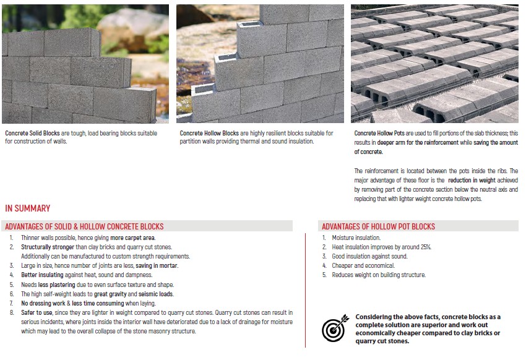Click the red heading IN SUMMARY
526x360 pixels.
coord(27,208)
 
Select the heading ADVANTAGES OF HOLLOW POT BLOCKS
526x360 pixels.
coord(378,226)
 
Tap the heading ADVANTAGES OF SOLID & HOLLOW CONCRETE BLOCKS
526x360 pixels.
coord(84,226)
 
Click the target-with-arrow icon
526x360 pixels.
coord(336,329)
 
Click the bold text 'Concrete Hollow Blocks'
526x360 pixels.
coord(209,133)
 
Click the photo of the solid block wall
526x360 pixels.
coord(85,64)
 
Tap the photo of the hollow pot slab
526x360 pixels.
coord(434,64)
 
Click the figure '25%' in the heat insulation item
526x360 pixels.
coord(425,247)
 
